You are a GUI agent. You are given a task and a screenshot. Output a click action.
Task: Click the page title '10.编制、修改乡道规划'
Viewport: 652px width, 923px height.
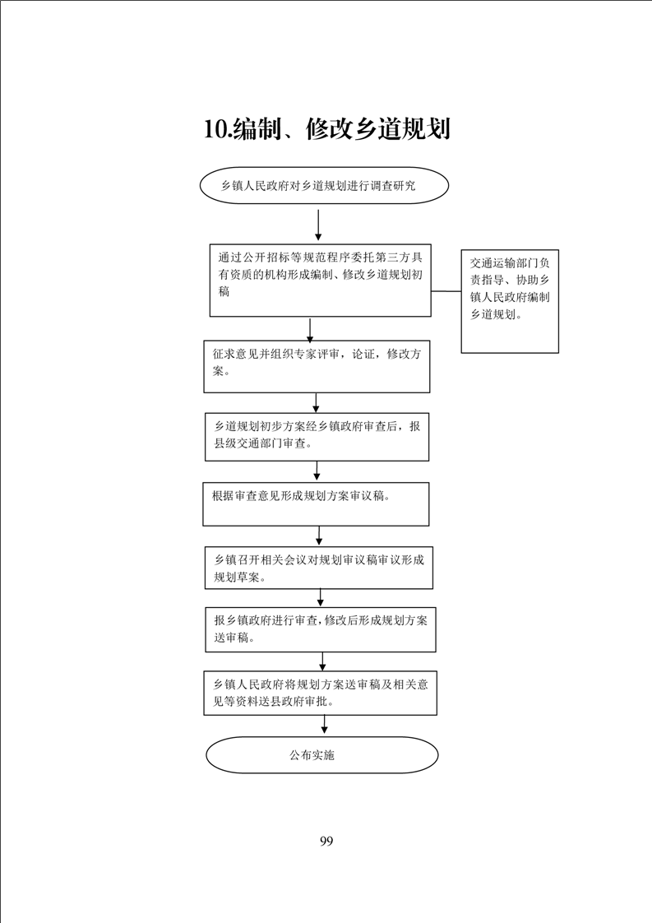327,129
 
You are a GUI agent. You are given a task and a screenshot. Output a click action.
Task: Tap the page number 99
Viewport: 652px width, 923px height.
326,841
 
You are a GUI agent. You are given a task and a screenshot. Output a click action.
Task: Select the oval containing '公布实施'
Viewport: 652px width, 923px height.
321,755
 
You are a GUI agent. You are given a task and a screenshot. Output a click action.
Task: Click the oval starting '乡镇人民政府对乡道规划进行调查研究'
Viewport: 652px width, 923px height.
324,185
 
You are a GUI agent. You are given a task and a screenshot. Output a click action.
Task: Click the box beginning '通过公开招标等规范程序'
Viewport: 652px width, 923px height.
321,281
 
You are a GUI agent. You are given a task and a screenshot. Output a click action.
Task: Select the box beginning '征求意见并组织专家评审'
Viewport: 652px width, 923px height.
317,366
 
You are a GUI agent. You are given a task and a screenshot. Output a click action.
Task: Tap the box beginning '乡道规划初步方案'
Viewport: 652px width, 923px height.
317,436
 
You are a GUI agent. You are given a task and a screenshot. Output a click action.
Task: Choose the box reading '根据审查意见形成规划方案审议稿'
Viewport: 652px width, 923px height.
316,504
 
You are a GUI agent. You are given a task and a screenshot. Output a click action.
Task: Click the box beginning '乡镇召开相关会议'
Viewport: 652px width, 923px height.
319,568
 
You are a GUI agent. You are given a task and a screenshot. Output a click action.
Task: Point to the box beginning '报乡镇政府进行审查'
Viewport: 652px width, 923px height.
321,629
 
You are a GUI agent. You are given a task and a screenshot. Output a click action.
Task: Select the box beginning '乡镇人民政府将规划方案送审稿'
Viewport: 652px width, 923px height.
321,693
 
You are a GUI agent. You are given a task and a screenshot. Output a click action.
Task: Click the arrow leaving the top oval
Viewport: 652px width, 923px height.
317,225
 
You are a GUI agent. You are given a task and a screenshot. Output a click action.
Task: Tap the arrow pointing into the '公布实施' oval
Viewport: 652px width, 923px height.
324,725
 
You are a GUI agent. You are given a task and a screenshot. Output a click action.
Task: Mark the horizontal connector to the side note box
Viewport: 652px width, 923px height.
446,291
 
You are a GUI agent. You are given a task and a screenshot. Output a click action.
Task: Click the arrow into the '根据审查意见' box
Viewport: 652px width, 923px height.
317,471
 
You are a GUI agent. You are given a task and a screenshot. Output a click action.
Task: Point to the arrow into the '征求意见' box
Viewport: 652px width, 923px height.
310,329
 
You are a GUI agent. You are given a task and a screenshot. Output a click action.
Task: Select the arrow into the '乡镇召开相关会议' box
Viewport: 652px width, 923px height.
319,535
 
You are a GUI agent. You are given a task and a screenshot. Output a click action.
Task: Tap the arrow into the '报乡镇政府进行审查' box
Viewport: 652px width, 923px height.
321,597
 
